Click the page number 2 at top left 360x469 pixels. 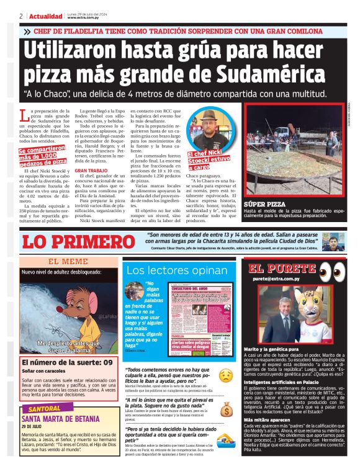tap(21, 16)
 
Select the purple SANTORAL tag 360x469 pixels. tap(44, 409)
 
